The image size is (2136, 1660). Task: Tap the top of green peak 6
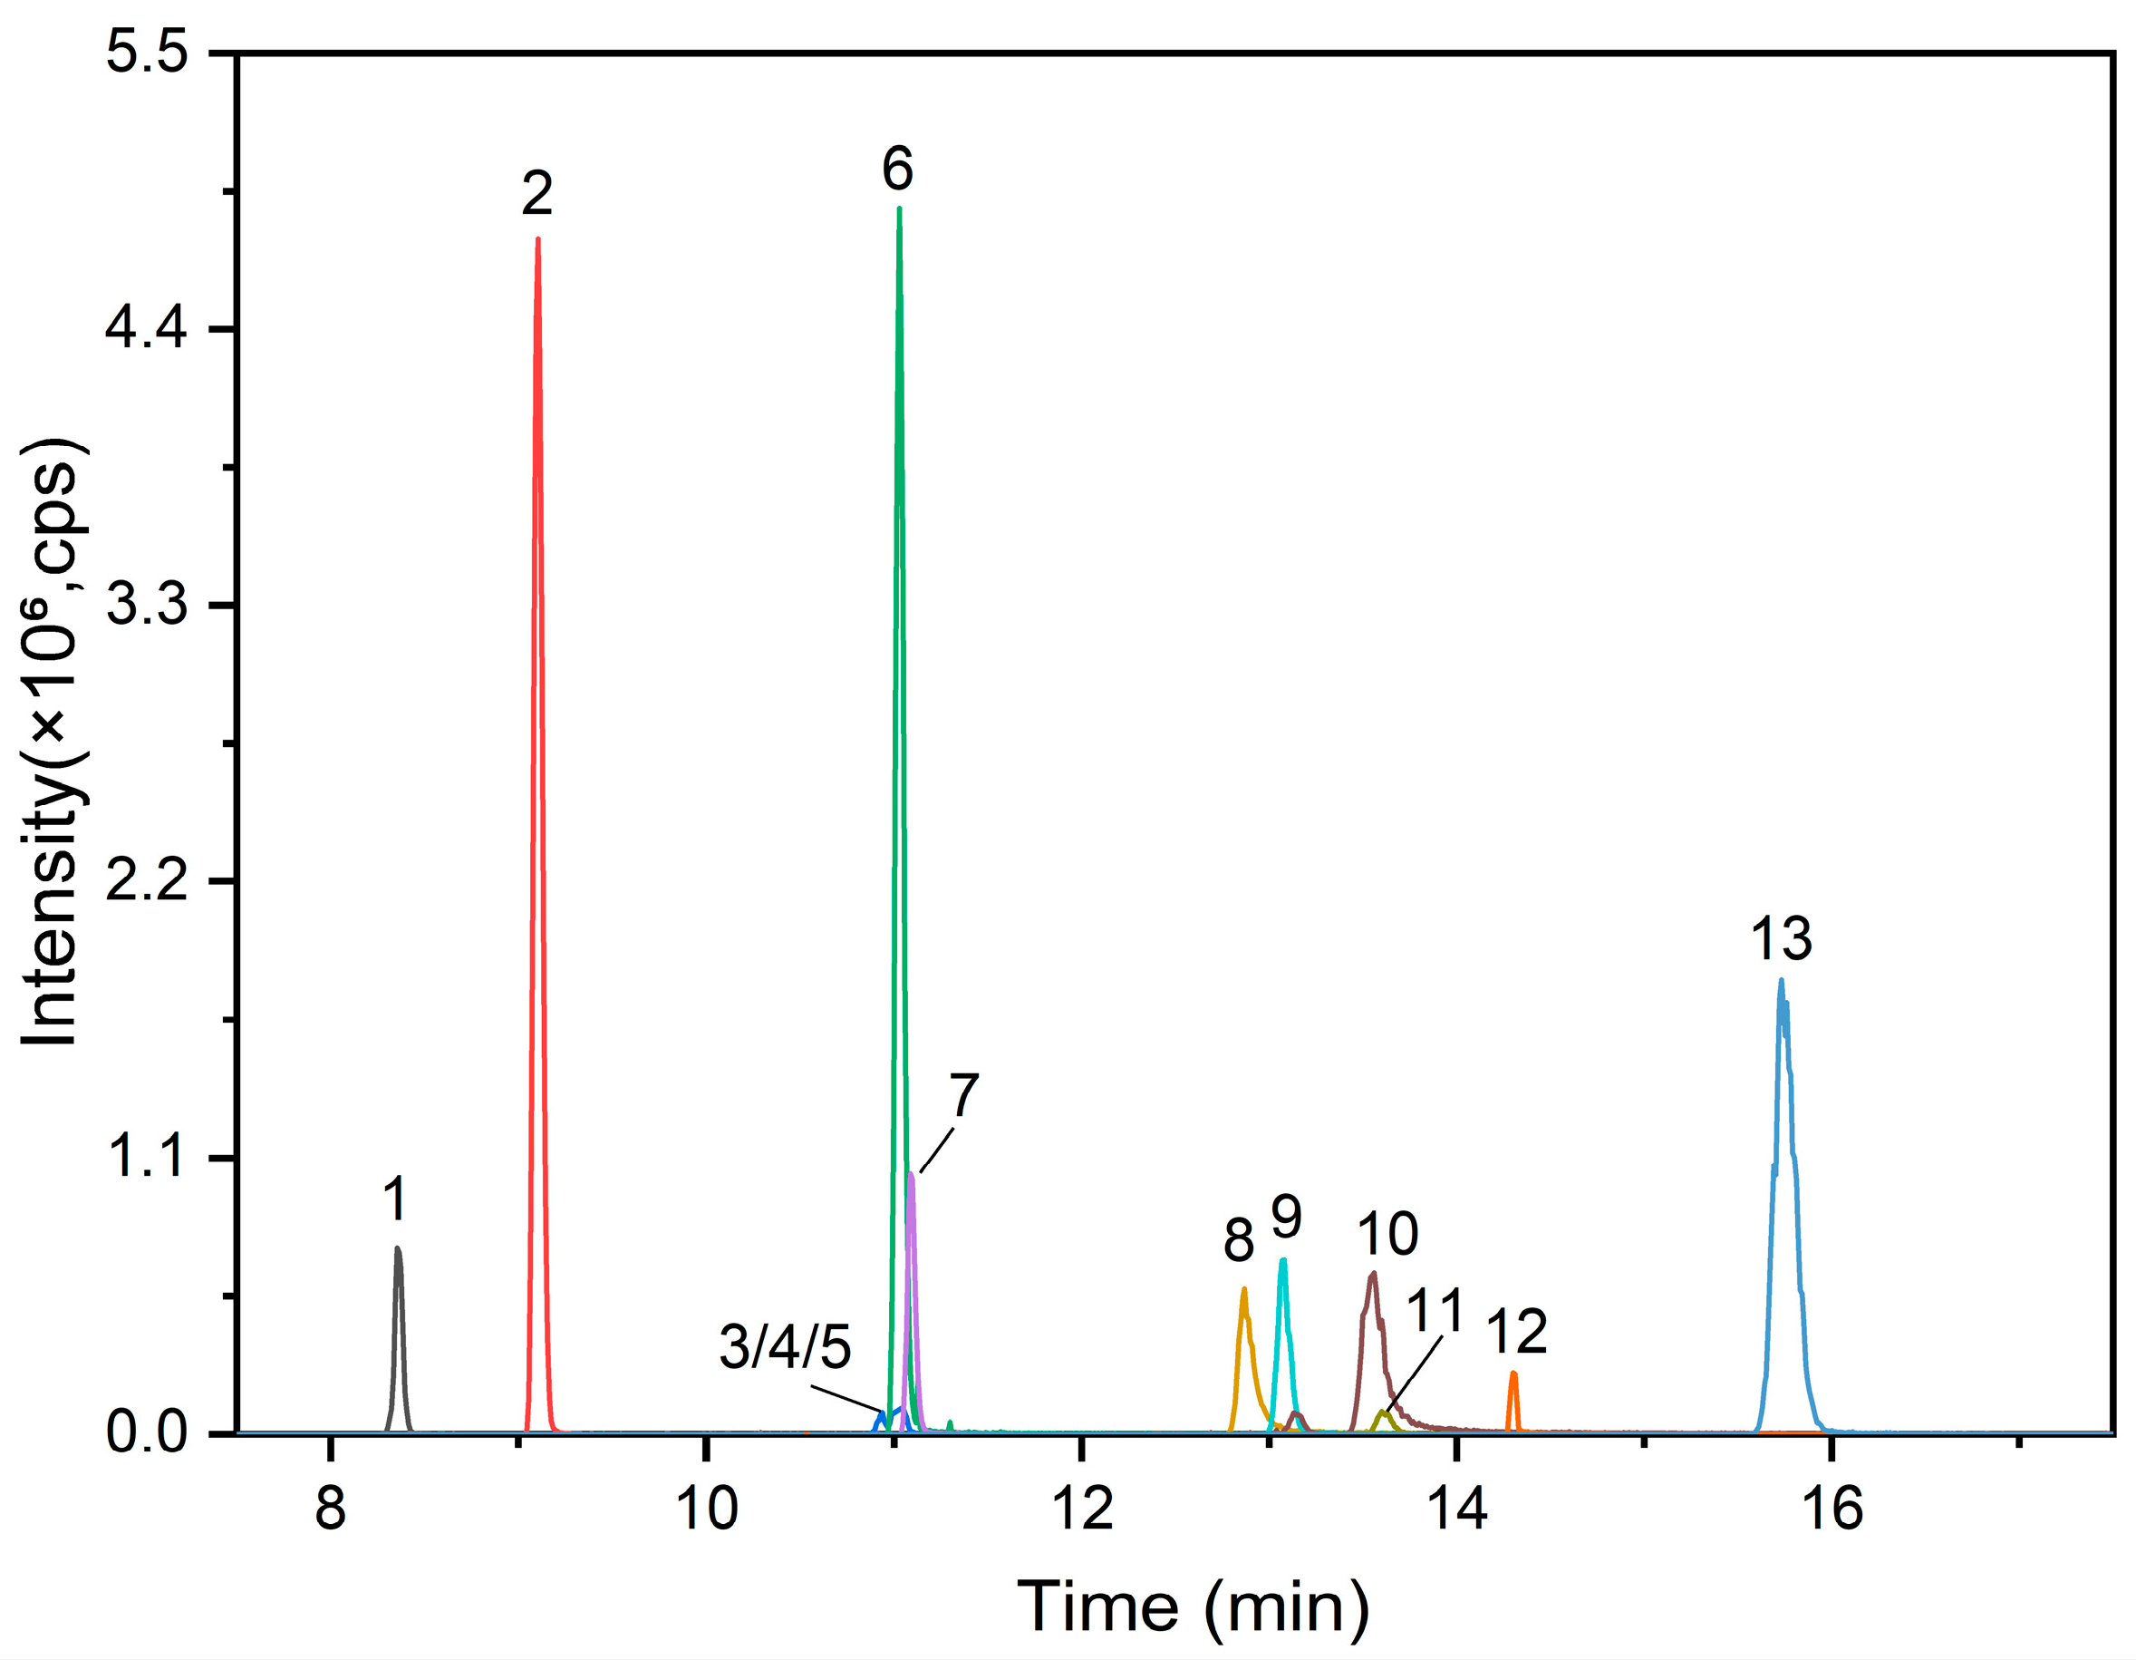pos(899,209)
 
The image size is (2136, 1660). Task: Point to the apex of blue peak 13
pos(1781,980)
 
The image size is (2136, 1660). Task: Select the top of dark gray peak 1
pos(397,1248)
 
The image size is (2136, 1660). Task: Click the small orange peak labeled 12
pos(1513,1374)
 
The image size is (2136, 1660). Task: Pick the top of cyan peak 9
pos(1283,1261)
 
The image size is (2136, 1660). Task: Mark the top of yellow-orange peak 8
pos(1244,1289)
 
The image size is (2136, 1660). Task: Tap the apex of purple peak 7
pos(912,1174)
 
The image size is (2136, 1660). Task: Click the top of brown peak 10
pos(1373,1274)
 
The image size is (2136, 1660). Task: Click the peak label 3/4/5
pos(786,1346)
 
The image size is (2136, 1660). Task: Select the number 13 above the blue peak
pos(1781,938)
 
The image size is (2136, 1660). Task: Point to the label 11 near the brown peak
pos(1435,1311)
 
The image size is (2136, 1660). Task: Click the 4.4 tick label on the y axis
pos(147,330)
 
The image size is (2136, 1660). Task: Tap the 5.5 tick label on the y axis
pos(147,52)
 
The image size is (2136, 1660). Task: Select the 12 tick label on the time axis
pos(1082,1509)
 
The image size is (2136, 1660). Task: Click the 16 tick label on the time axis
pos(1832,1509)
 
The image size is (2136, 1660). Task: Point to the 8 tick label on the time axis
pos(331,1509)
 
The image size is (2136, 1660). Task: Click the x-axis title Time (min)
pos(1194,1607)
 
